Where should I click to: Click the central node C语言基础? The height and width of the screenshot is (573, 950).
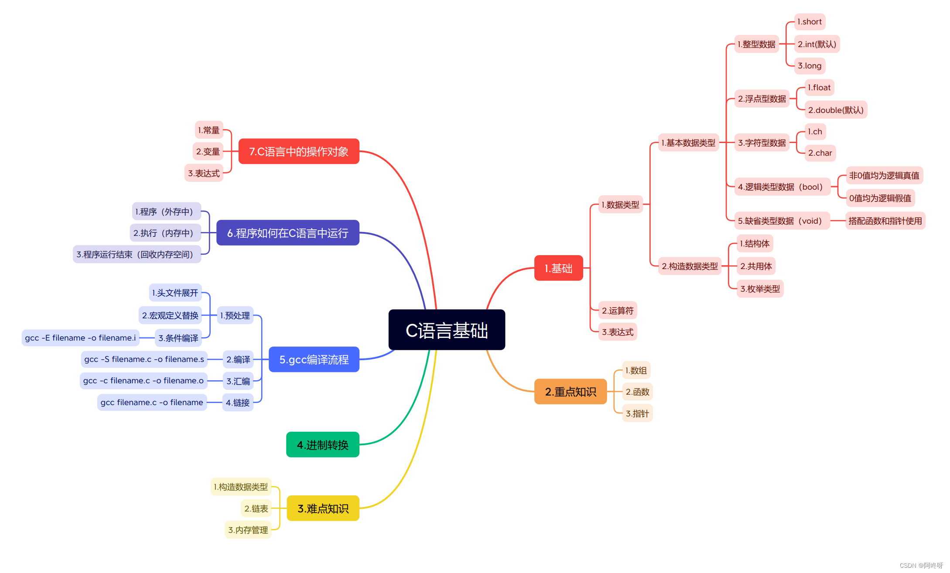447,330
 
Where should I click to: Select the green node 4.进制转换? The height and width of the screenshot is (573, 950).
323,445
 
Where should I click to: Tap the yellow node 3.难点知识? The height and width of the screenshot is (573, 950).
323,508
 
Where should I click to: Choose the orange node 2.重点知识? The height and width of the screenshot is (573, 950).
571,392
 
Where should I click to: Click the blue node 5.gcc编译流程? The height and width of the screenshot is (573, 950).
314,359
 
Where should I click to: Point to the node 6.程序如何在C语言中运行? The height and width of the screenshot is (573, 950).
288,233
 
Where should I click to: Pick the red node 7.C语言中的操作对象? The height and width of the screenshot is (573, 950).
299,151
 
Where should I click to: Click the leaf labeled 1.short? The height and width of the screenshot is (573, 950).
810,22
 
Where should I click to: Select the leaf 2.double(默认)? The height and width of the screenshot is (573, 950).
836,110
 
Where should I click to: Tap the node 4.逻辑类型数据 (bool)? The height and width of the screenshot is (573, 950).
780,187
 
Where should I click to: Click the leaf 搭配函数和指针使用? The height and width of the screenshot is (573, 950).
885,221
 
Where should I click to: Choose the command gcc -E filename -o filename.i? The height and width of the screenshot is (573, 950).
80,338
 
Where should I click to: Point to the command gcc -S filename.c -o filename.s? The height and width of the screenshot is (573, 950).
144,359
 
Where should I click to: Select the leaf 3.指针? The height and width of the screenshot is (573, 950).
637,413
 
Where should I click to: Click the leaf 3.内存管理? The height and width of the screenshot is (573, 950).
248,530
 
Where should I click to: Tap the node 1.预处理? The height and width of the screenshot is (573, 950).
235,315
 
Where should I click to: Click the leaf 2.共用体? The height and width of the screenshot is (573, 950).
756,266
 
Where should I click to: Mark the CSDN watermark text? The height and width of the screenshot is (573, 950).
921,566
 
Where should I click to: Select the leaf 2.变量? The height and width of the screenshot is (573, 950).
208,151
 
